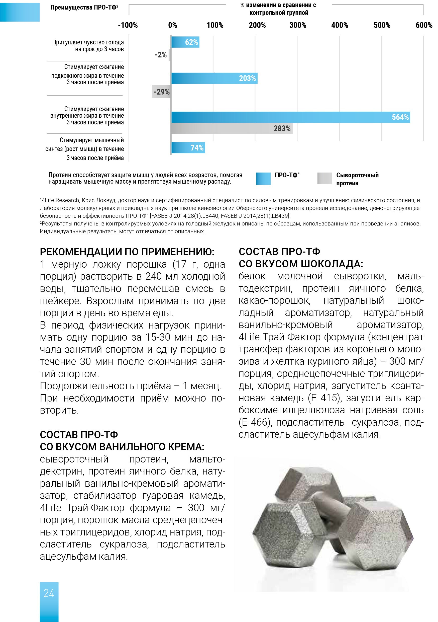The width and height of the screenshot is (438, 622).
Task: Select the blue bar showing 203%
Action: [214, 78]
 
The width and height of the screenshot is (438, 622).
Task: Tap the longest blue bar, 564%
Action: [290, 117]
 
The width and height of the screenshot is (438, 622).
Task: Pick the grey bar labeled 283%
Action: [232, 128]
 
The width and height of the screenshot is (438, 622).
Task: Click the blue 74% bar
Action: [188, 148]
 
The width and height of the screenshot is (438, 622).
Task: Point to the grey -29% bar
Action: [161, 92]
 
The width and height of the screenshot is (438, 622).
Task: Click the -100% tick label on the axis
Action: [128, 26]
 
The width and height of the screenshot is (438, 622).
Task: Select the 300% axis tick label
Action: [297, 26]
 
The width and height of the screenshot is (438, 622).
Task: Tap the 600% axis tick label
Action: [424, 26]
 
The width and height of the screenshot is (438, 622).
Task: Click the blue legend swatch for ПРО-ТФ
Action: [263, 179]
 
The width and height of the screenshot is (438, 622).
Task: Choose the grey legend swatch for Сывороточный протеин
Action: [324, 179]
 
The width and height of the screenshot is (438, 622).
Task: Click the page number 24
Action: [49, 593]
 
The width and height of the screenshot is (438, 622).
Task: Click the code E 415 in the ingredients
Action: [324, 398]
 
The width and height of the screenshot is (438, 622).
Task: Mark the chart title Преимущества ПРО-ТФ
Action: [84, 8]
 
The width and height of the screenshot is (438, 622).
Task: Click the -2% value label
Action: [161, 55]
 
